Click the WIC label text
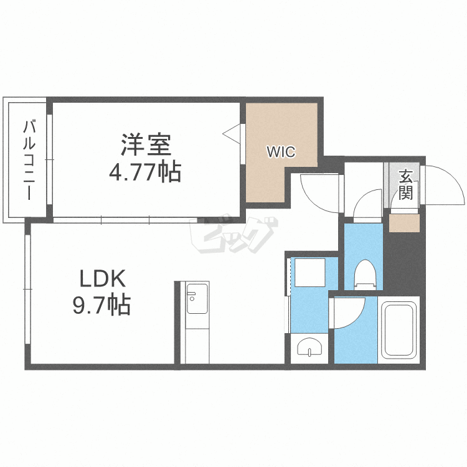[x=281, y=151]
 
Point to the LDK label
[x=102, y=277]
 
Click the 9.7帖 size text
[x=102, y=304]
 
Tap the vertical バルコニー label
[x=29, y=160]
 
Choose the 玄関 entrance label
[x=405, y=184]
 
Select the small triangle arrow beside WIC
[x=232, y=133]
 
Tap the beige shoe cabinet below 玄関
[x=404, y=222]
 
